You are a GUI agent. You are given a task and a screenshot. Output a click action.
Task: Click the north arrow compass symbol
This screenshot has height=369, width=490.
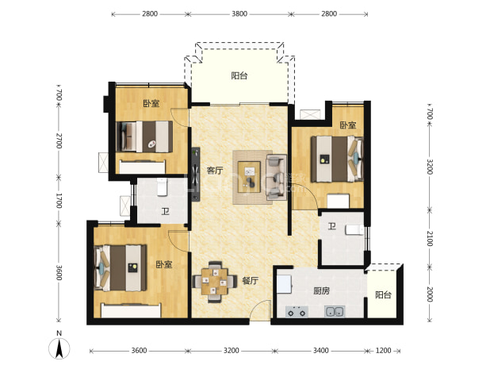[x=59, y=348]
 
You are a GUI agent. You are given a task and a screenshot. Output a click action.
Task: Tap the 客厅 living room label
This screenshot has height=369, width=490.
[x=215, y=171]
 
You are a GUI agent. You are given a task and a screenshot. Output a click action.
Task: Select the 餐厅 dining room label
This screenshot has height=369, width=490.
[x=251, y=281]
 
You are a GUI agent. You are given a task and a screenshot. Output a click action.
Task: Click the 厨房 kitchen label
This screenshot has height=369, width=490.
[x=322, y=291]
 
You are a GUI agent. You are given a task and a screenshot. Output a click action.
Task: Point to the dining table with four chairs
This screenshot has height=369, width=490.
[x=215, y=282]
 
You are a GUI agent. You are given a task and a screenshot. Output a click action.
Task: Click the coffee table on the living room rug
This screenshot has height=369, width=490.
[x=249, y=177]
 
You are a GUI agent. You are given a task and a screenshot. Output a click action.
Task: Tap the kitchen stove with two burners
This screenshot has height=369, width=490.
[x=297, y=312]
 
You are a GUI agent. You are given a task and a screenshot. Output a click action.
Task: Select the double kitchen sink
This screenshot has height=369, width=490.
[x=335, y=311]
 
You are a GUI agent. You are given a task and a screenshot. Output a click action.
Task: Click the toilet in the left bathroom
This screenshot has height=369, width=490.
[x=163, y=187]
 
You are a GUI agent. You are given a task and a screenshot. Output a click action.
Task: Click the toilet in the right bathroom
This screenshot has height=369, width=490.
[x=354, y=230]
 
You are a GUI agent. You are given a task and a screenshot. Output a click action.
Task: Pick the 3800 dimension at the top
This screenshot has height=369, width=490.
[x=239, y=13]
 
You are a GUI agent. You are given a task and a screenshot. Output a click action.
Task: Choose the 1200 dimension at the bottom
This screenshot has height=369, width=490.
[x=383, y=351]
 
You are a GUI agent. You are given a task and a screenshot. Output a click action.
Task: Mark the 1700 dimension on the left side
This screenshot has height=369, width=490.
[x=59, y=201]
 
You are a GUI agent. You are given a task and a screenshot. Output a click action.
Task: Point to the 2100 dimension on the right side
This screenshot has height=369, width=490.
[x=430, y=239]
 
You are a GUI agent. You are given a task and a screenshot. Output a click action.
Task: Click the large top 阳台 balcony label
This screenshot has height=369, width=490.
[x=239, y=75]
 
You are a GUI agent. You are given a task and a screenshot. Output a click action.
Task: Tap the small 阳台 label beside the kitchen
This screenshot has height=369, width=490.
[x=383, y=295]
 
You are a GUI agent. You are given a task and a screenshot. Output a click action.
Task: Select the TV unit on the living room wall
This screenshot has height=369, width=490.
[x=196, y=174]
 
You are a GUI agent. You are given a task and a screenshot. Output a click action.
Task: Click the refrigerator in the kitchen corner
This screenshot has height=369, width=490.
[x=284, y=284]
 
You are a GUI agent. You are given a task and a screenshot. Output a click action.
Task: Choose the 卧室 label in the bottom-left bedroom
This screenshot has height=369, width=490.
[x=164, y=264]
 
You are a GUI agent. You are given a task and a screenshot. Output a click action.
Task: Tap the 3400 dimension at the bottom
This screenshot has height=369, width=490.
[x=321, y=351]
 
